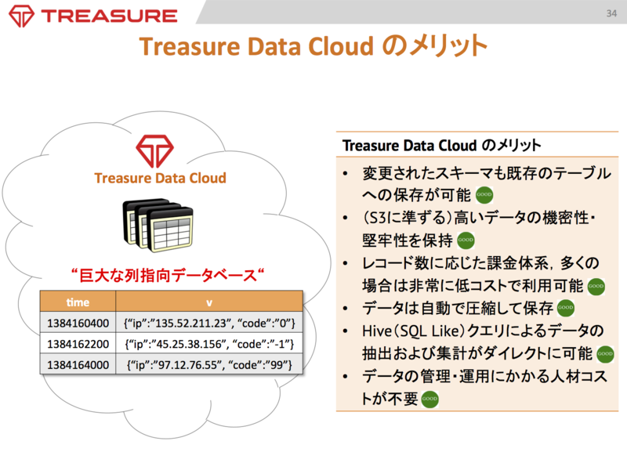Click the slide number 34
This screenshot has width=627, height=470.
coord(611,13)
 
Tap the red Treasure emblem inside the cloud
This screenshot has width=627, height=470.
coord(159,150)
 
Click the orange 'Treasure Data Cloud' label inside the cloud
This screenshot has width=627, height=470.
coord(160,178)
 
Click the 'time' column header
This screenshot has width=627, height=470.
coord(78,302)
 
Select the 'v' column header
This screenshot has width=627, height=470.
coord(208,302)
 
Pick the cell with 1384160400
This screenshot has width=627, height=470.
coord(78,322)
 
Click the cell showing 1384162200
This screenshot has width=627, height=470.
coord(78,343)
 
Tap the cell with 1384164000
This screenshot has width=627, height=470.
coord(78,364)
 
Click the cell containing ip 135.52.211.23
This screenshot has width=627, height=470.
coord(208,322)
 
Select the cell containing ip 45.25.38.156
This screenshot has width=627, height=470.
coord(208,343)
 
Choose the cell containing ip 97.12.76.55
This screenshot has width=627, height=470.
coord(208,364)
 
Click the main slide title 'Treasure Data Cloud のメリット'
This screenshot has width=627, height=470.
coord(313,48)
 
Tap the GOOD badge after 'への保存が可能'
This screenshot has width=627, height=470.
coord(485,195)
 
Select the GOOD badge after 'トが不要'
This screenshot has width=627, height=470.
coord(429,399)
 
